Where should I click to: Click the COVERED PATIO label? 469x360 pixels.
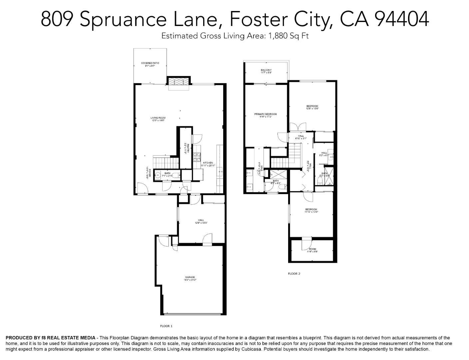(x=150, y=63)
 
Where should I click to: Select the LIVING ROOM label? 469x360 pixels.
(x=158, y=118)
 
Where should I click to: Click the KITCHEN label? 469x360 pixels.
(x=208, y=163)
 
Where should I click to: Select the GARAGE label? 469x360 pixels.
(x=190, y=277)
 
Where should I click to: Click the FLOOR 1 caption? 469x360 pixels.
(x=166, y=326)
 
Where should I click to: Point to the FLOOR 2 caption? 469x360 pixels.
(x=294, y=274)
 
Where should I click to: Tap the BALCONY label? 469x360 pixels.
(x=266, y=70)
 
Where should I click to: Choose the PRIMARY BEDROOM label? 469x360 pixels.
(x=265, y=114)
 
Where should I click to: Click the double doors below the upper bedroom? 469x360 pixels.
(x=297, y=127)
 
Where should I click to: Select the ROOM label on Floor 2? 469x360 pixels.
(x=312, y=249)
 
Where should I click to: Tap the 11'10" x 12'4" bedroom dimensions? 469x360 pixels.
(x=311, y=212)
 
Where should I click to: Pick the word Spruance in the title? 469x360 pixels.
(x=123, y=19)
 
